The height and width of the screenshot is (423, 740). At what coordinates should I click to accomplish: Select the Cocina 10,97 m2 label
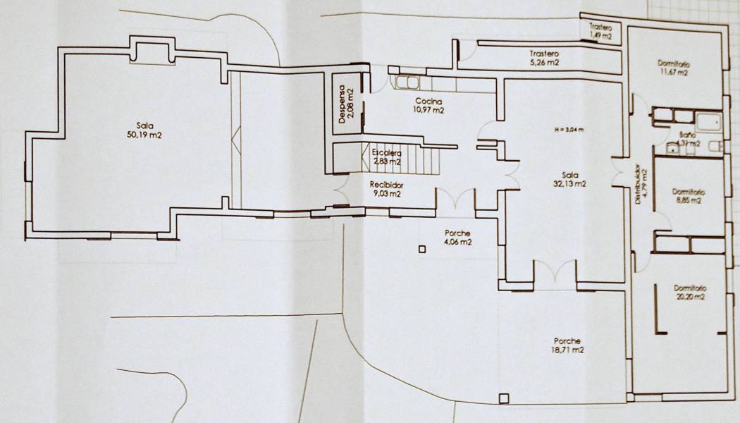point(429,106)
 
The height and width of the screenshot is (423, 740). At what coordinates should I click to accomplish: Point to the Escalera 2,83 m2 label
point(388,157)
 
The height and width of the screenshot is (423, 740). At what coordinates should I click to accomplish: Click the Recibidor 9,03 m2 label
point(386,189)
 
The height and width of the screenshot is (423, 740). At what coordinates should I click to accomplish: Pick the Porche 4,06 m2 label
point(457,238)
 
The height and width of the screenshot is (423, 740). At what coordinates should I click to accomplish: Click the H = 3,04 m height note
point(569,130)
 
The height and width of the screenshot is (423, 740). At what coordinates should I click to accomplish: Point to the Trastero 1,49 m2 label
point(600,30)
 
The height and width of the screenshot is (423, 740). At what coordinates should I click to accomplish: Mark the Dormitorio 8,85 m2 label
point(687,195)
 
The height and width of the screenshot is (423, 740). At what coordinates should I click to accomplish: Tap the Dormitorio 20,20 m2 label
point(689,293)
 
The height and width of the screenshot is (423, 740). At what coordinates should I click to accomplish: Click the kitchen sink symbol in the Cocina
point(405,84)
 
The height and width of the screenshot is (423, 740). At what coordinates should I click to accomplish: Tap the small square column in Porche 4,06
point(422,249)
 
